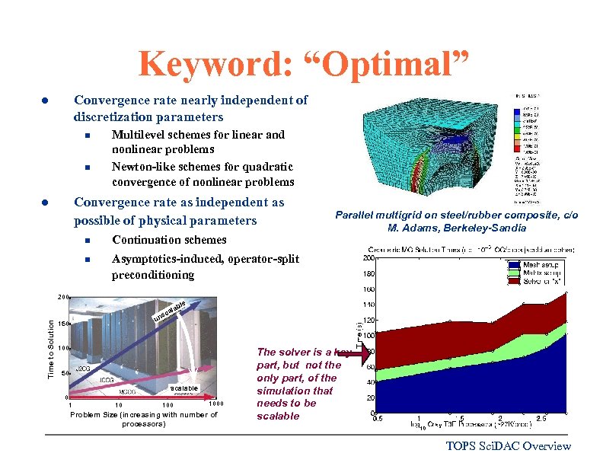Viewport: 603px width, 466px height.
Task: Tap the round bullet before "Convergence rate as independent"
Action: [46, 203]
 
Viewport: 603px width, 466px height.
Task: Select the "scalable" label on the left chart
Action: [184, 388]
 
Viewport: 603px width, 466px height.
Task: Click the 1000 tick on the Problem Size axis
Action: [217, 404]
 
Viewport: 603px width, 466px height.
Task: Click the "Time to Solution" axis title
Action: [51, 347]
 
